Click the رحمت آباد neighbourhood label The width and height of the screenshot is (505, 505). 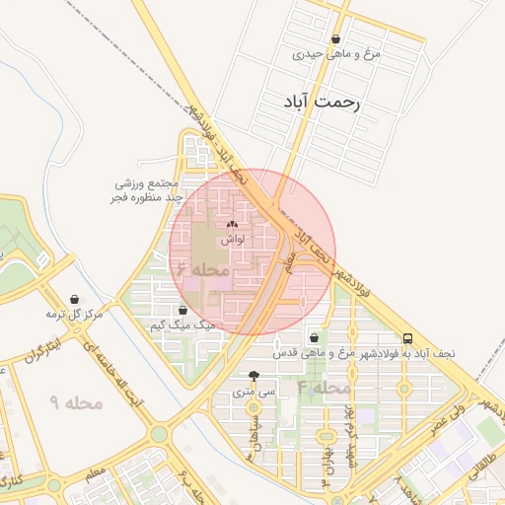[323, 102]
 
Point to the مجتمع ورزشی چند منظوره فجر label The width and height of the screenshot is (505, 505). [142, 191]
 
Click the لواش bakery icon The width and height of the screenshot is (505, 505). [232, 225]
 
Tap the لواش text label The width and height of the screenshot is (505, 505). [232, 239]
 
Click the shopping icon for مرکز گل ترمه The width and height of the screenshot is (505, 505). [75, 300]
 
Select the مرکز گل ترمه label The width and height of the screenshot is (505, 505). [74, 314]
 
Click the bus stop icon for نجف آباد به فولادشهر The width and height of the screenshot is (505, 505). [407, 337]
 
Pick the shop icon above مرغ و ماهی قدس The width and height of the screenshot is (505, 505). [315, 337]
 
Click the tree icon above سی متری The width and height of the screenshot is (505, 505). [254, 376]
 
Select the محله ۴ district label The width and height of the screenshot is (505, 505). [324, 388]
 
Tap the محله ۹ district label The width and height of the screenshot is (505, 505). [69, 402]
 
